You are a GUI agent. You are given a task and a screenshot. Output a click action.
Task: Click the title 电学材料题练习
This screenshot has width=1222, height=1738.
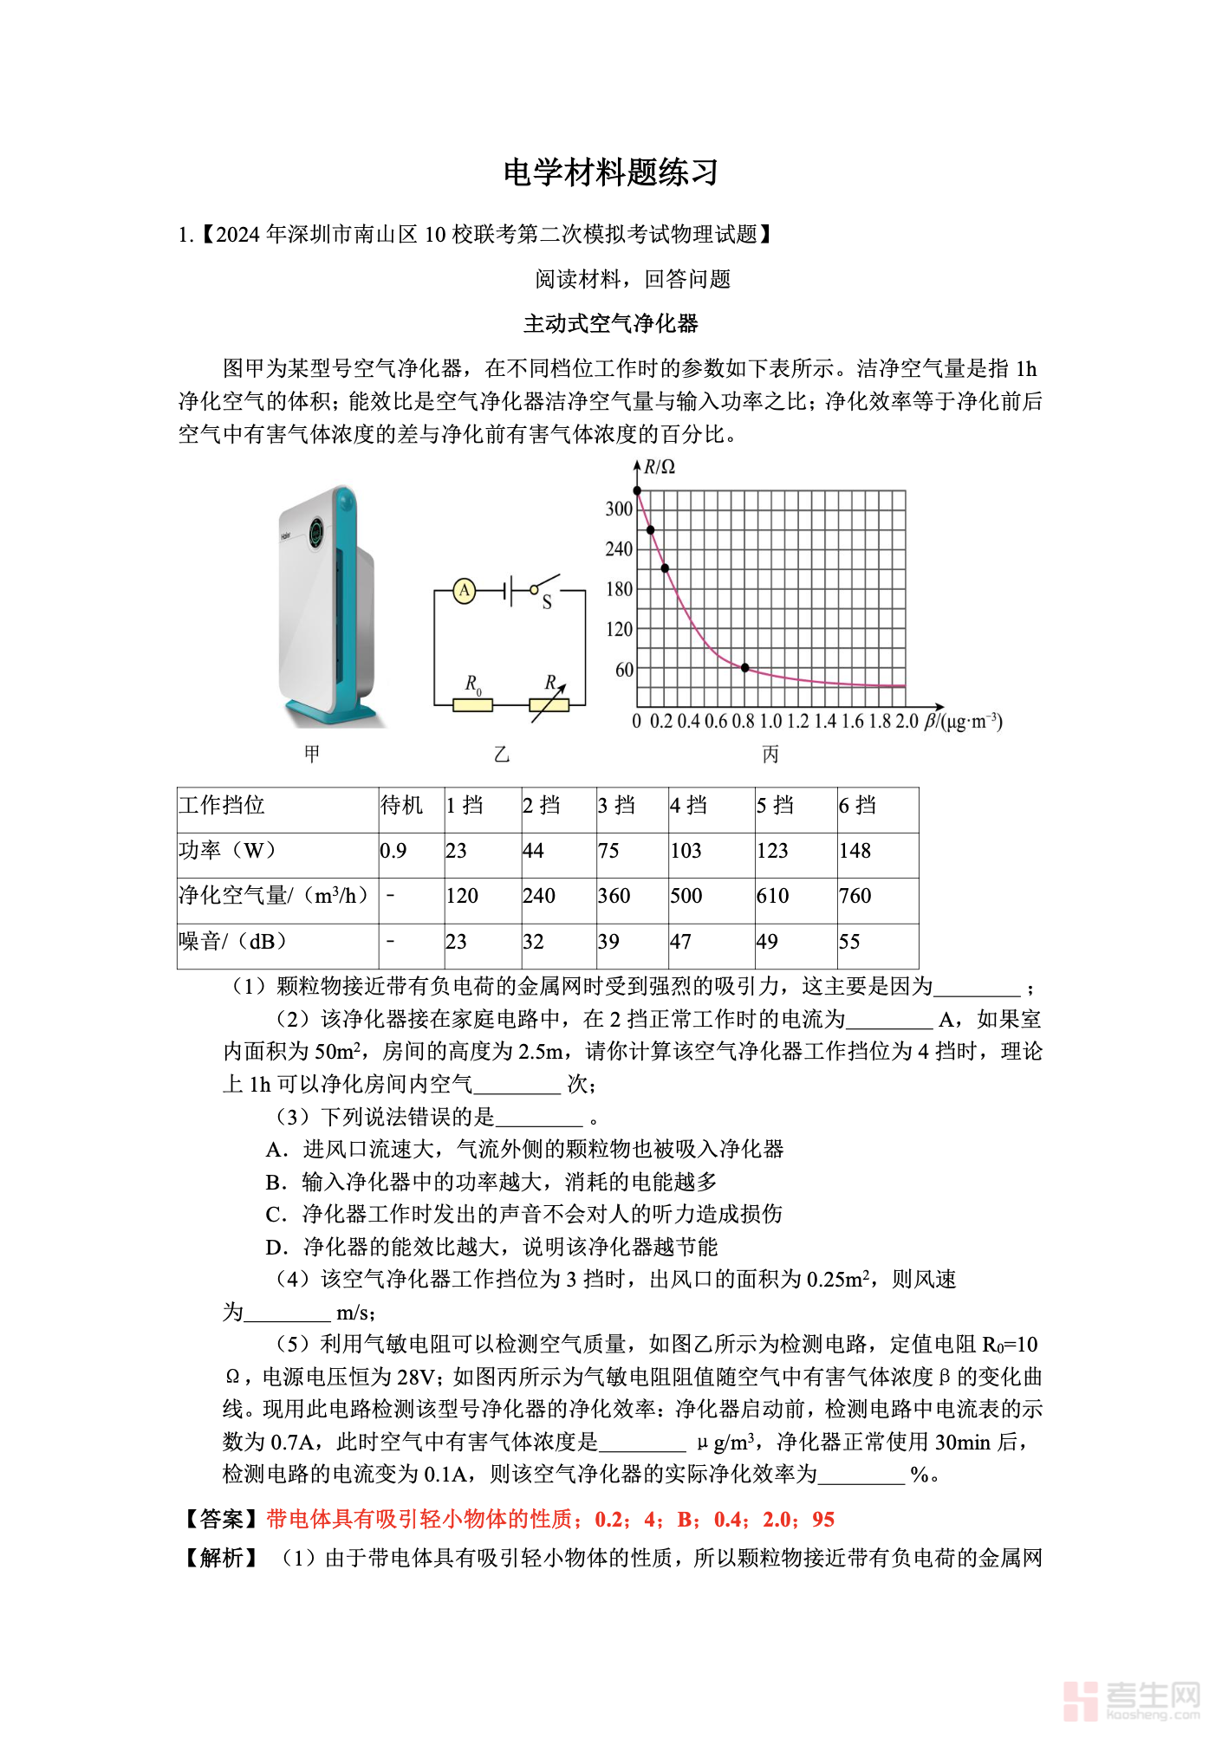click(x=611, y=172)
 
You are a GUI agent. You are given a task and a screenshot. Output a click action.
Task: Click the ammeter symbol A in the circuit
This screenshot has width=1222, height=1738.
click(x=465, y=591)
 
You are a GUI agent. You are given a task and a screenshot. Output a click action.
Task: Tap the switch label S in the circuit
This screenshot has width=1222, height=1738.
click(x=547, y=603)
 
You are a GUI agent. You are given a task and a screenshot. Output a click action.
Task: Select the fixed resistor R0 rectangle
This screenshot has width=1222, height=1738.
click(x=472, y=705)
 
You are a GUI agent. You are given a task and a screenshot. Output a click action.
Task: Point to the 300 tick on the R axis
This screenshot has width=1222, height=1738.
click(x=619, y=509)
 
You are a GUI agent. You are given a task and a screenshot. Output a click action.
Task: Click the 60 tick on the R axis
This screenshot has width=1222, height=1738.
click(x=624, y=670)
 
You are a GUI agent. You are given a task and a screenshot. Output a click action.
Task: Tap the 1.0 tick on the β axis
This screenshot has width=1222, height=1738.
click(x=770, y=722)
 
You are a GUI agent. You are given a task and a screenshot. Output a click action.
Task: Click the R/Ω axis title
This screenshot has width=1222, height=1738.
click(x=660, y=467)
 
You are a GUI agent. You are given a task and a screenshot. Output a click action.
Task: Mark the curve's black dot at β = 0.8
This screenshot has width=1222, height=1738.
click(x=745, y=668)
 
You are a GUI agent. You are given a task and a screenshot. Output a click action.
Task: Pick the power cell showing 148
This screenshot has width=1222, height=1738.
click(x=855, y=851)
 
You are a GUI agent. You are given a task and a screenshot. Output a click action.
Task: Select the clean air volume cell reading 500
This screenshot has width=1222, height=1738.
click(x=686, y=896)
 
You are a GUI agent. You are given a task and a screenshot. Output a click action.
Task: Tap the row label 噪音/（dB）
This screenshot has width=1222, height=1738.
click(x=232, y=942)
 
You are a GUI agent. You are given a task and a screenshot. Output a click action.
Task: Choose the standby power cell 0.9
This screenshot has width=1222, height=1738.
click(x=393, y=851)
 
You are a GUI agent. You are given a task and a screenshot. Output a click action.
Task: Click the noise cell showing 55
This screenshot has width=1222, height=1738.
click(x=849, y=942)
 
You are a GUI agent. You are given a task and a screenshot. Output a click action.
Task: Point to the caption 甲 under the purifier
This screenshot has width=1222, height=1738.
click(x=312, y=754)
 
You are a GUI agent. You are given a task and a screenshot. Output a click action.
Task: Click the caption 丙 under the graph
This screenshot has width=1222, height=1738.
click(x=770, y=755)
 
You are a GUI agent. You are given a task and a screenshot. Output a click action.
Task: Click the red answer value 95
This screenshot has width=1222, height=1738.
click(x=823, y=1520)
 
